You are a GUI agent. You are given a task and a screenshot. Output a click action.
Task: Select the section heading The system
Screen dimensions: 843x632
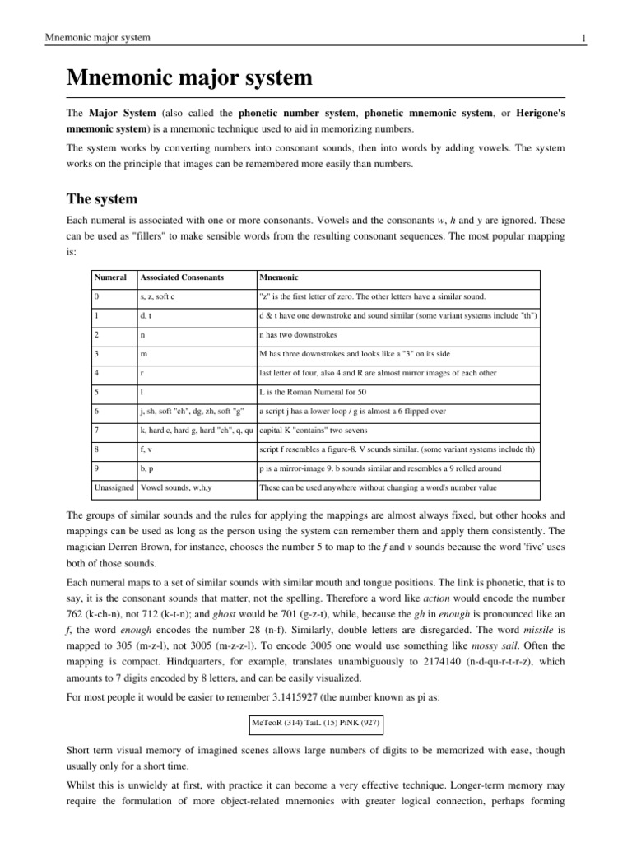tap(102, 199)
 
